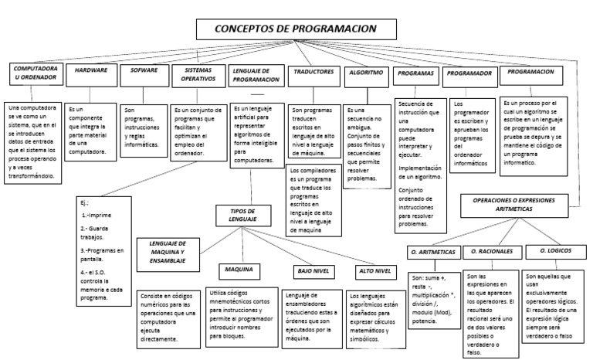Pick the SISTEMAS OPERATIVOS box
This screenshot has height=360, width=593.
198,75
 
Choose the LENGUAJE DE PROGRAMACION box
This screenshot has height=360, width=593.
256,75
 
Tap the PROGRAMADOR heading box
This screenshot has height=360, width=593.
470,73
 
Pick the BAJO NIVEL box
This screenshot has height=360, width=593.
313,271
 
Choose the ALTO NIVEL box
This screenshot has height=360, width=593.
374,271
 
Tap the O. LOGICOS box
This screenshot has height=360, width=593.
554,251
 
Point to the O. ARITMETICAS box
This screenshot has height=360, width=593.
434,253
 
